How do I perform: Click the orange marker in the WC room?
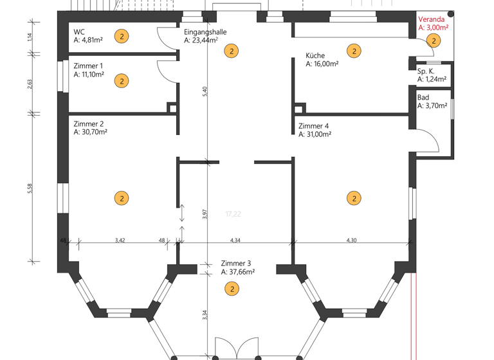point(122,37)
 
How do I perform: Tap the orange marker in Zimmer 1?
point(122,81)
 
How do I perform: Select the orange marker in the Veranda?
point(434,40)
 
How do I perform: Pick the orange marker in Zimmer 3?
point(232,289)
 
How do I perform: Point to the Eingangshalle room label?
point(205,32)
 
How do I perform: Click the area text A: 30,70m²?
point(90,132)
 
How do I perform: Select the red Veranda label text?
point(430,19)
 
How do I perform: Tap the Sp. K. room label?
point(426,71)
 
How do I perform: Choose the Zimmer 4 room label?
point(314,126)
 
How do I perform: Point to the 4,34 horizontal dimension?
point(235,240)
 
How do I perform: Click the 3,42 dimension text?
point(120,240)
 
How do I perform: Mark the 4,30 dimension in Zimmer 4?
point(351,240)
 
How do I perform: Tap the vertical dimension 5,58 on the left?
point(29,188)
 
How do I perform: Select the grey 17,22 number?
point(233,213)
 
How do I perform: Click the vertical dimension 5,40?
point(205,91)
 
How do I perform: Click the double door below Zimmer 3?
point(236,348)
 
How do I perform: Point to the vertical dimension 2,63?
point(29,84)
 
